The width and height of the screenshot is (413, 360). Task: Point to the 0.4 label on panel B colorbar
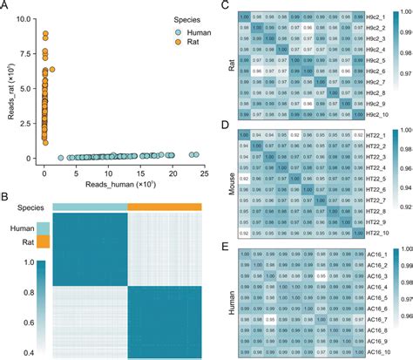click(17, 351)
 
